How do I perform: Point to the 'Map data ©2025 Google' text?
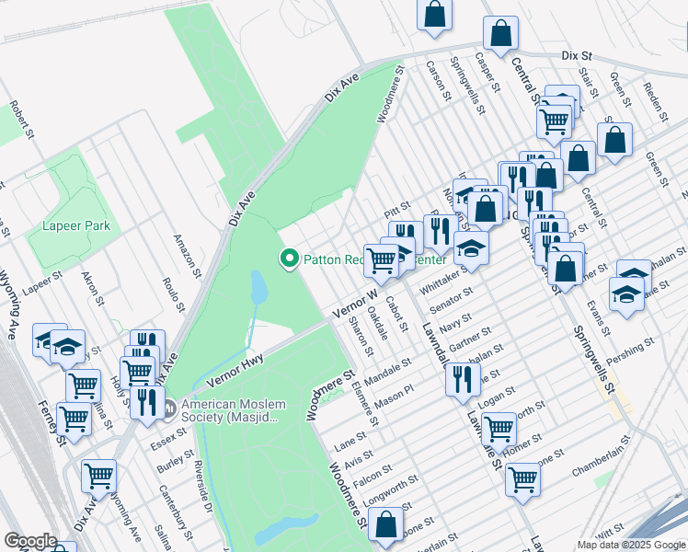coord(631,545)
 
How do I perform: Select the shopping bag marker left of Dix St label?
coord(500,34)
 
